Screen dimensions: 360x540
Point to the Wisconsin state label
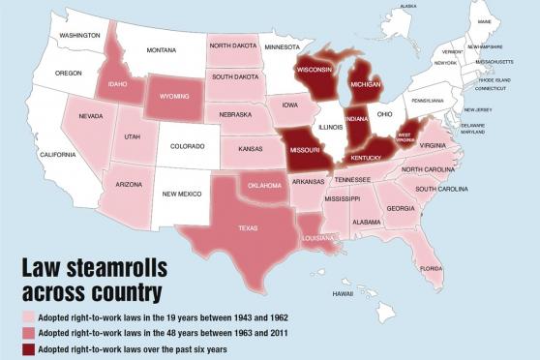315,70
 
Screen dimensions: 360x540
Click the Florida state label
432,268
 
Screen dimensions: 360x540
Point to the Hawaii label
343,293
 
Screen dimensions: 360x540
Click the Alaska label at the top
407,6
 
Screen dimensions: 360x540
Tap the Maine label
484,21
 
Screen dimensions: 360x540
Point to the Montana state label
161,50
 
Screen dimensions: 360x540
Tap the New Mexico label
182,194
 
